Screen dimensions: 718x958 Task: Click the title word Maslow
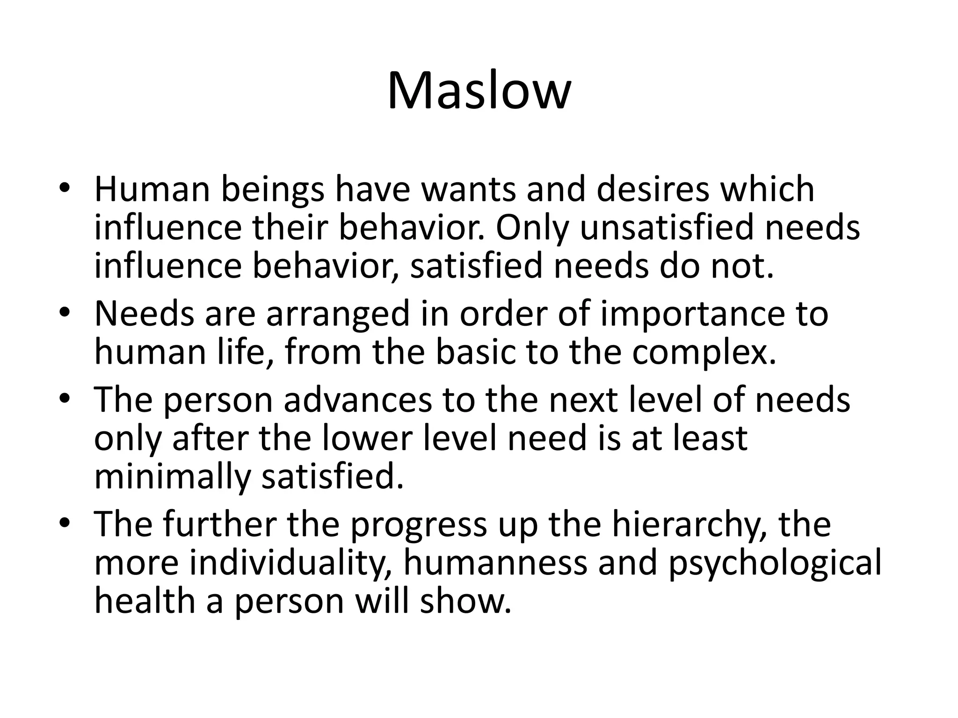point(479,91)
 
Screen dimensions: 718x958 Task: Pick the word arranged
point(338,315)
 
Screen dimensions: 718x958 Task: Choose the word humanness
point(495,563)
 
